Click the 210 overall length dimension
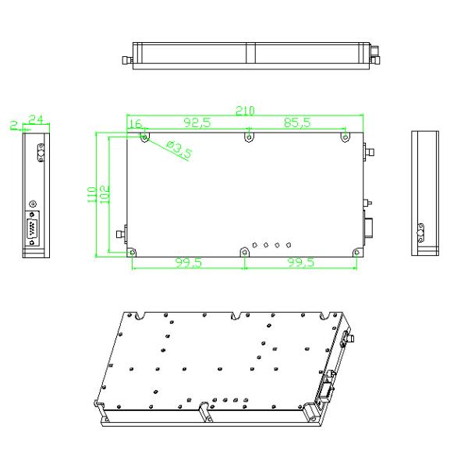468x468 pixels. tap(245, 111)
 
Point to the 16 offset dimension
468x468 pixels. tap(134, 123)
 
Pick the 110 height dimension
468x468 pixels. tap(91, 192)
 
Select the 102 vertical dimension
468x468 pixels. tap(104, 192)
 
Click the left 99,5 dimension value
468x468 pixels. tap(187, 264)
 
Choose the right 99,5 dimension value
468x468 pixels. tap(300, 264)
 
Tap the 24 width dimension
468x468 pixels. tap(35, 119)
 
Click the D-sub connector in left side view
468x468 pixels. tap(33, 229)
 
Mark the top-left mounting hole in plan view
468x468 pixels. tap(144, 137)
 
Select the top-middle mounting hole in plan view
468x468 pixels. tap(248, 137)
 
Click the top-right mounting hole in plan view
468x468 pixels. tap(344, 137)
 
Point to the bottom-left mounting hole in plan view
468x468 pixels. tap(132, 251)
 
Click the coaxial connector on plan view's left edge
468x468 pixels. tap(120, 232)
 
